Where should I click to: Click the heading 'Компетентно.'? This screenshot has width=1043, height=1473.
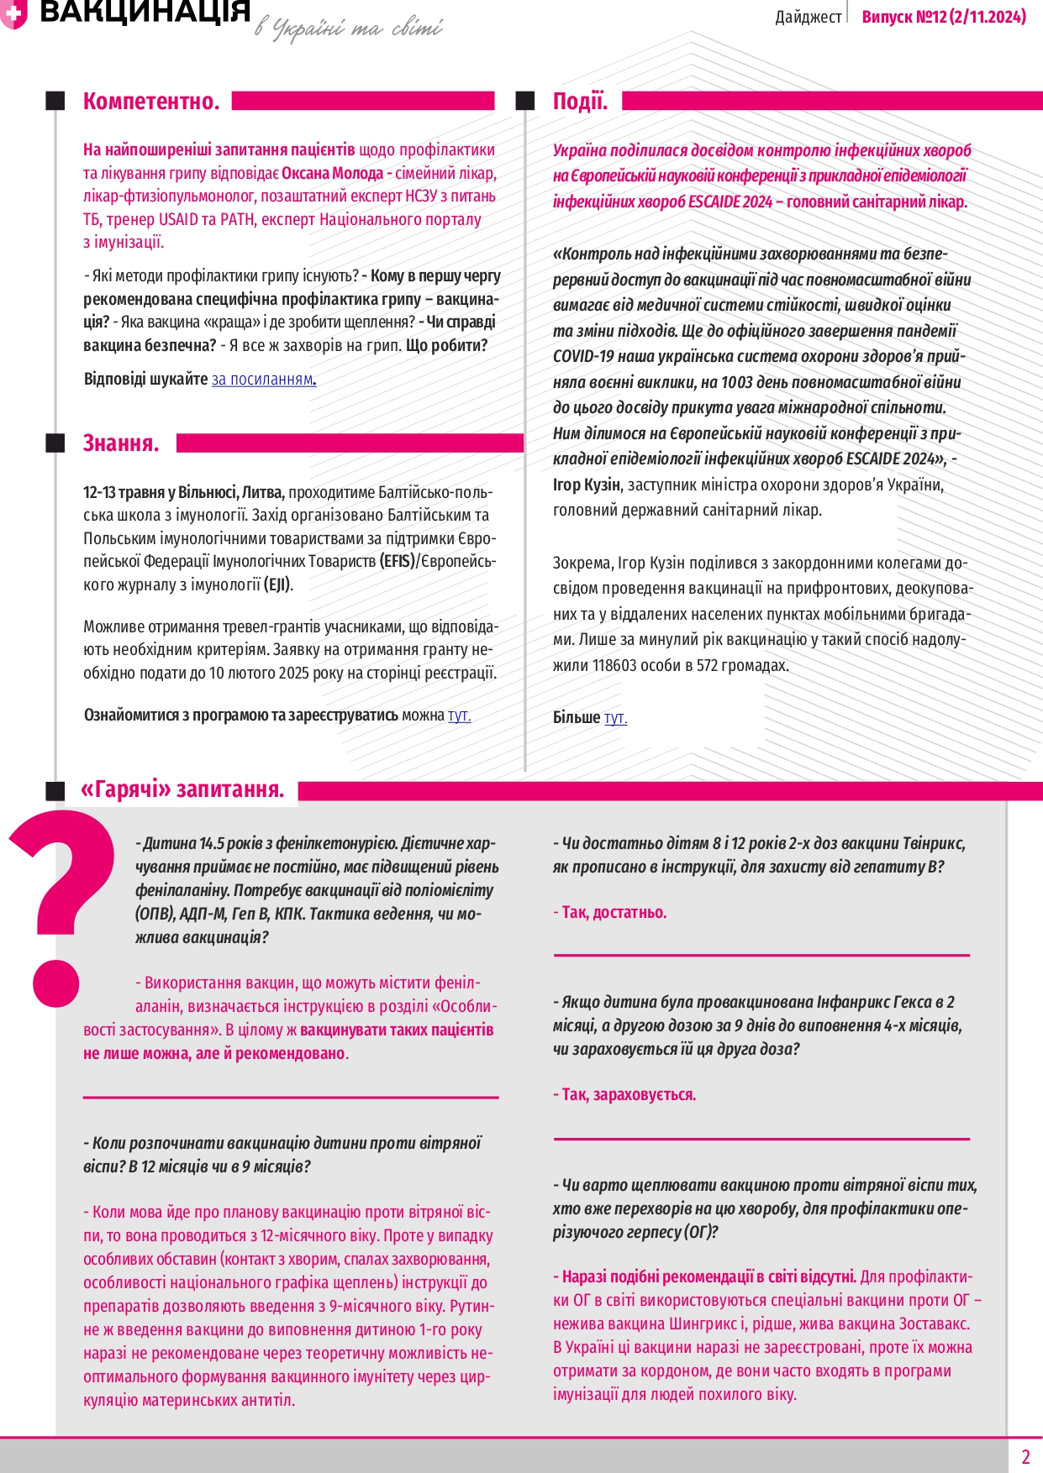pyautogui.click(x=151, y=102)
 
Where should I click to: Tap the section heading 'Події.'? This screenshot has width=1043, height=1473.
pyautogui.click(x=580, y=102)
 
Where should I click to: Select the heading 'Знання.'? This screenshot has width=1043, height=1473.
pyautogui.click(x=121, y=443)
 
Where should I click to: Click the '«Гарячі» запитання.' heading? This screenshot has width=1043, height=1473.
pyautogui.click(x=182, y=789)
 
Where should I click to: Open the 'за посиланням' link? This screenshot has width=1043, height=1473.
pyautogui.click(x=263, y=380)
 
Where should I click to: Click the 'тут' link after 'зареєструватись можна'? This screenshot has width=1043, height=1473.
pyautogui.click(x=459, y=716)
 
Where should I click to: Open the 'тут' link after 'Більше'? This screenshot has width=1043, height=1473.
pyautogui.click(x=615, y=718)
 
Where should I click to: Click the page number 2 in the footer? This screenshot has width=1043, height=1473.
pyautogui.click(x=1025, y=1457)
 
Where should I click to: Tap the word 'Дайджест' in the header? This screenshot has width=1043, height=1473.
pyautogui.click(x=808, y=18)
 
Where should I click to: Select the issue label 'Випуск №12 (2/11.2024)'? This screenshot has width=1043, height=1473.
pyautogui.click(x=944, y=17)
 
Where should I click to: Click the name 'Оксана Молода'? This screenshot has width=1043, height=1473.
pyautogui.click(x=332, y=174)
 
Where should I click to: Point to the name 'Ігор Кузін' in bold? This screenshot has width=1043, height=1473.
pyautogui.click(x=586, y=485)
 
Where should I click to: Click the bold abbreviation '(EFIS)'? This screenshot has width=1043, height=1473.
pyautogui.click(x=398, y=562)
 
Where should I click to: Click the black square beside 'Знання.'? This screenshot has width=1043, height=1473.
pyautogui.click(x=55, y=443)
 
